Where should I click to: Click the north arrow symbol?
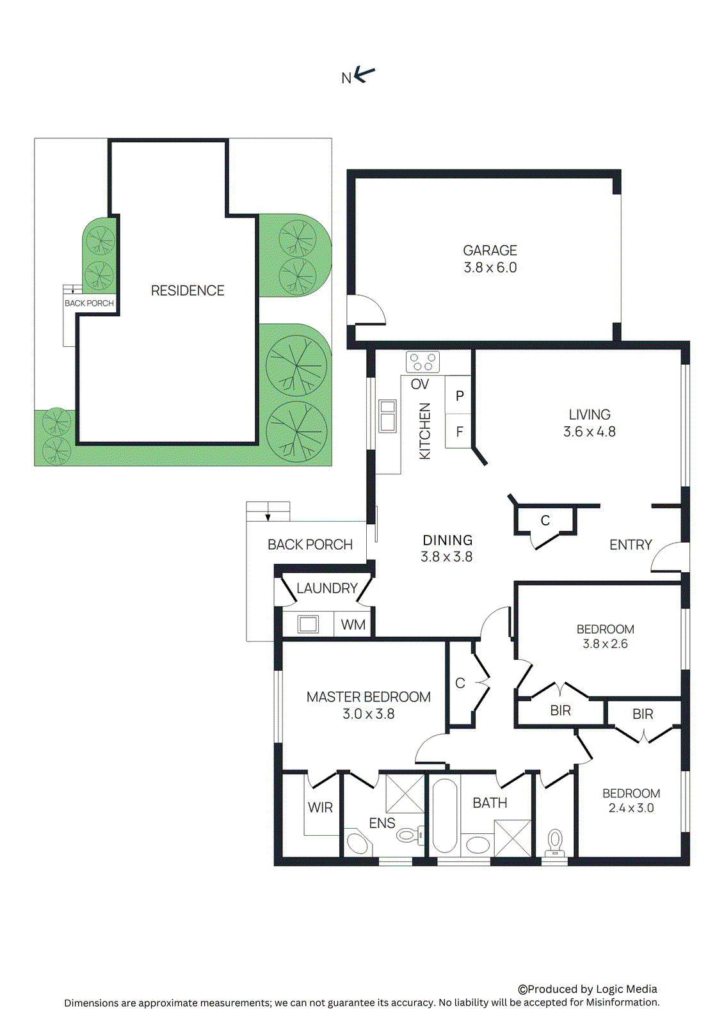pos(364,75)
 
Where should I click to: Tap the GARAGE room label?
pos(490,250)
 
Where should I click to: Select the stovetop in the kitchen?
pos(422,362)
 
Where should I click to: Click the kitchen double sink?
pos(387,416)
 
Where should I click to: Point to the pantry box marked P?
pos(459,396)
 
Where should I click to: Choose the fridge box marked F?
pos(459,432)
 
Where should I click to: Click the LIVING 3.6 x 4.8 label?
pos(589,423)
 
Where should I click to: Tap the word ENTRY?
pos(630,545)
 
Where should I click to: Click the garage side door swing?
pos(368,310)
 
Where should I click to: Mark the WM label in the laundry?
pos(353,625)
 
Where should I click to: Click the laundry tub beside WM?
pos(308,624)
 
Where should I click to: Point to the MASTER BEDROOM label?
pos(368,697)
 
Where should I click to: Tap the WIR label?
pos(320,808)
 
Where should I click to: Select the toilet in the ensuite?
pos(408,835)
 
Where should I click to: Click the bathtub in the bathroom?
pos(444,816)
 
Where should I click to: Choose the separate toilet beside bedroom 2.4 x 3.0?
pos(554,841)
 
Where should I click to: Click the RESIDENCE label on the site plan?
pos(187,291)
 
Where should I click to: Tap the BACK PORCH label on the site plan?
pos(89,303)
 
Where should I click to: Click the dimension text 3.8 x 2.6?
pos(605,644)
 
